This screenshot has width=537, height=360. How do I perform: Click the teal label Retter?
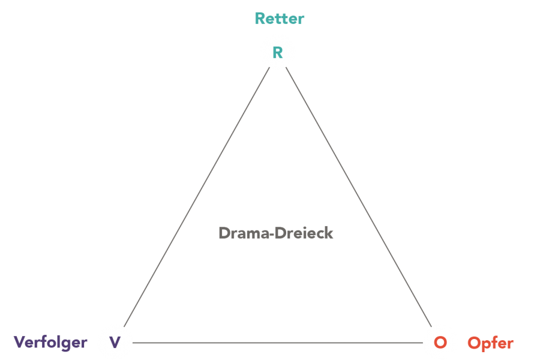[279, 18]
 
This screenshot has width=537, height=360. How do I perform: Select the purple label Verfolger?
[50, 343]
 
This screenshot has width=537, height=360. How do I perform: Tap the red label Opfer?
[490, 343]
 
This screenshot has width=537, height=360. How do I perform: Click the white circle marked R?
[278, 52]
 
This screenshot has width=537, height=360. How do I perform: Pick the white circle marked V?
[115, 343]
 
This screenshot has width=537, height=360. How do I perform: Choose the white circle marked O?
[440, 343]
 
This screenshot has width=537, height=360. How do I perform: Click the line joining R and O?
[359, 197]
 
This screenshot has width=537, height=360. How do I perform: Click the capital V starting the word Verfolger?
[19, 343]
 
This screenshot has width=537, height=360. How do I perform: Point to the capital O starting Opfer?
[474, 343]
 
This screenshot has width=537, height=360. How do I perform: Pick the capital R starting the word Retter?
[260, 18]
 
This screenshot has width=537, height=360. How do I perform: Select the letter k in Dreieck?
[329, 233]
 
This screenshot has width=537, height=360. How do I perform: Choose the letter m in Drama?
[253, 234]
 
